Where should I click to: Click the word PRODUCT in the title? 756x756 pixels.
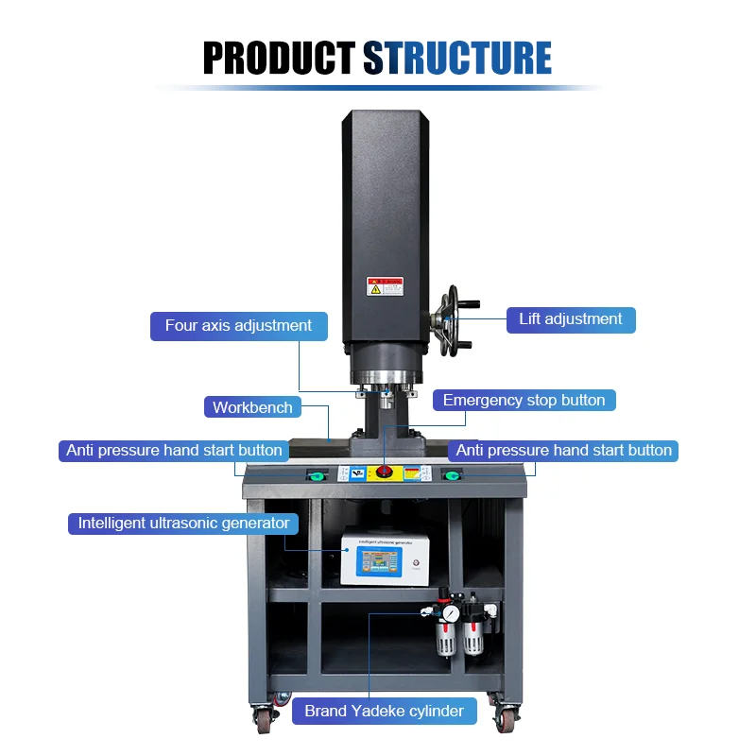(280, 58)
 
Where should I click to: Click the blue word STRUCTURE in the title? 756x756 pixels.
(457, 58)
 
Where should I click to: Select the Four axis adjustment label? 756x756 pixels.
(238, 326)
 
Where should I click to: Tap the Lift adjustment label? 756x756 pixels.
(571, 319)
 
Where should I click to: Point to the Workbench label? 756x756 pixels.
(252, 407)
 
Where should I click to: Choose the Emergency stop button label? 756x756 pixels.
(524, 400)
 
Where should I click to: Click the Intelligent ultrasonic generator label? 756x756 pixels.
(183, 523)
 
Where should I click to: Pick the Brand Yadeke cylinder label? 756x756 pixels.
(384, 711)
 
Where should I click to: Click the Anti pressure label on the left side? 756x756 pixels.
(174, 451)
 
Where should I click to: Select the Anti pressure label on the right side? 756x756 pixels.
(563, 451)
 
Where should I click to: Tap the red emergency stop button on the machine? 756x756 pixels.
(385, 471)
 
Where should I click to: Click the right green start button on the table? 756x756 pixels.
(450, 473)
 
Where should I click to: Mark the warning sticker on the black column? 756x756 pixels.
(386, 286)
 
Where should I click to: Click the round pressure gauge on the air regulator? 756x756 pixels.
(452, 614)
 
